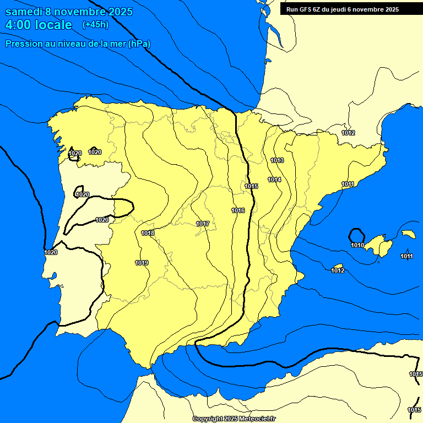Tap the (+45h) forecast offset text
coord(95,24)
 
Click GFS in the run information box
coord(306,9)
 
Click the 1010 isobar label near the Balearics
coord(357,246)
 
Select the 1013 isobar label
coord(277,160)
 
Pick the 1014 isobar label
coord(274,180)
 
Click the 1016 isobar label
coord(238,211)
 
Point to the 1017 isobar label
coord(202,224)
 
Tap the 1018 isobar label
coord(148,234)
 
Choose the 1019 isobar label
coord(142,263)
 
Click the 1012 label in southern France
coord(348,133)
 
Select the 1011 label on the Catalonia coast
coord(348,184)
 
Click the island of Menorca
coord(408,234)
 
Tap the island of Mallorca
coord(381,244)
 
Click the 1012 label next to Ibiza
coord(338,270)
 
